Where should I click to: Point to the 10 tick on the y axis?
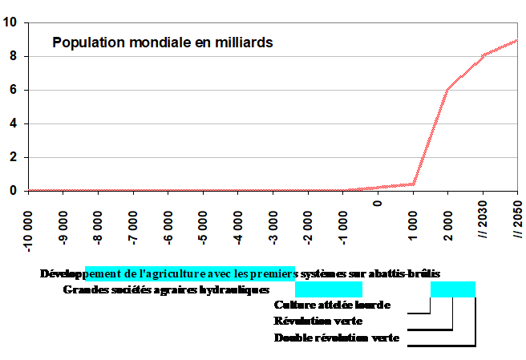(x=10, y=22)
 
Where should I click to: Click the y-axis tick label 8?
(x=13, y=56)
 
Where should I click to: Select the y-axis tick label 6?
(x=13, y=90)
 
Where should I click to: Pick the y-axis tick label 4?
(x=13, y=123)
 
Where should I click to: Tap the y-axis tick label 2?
(x=13, y=157)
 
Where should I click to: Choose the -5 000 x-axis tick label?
(x=204, y=224)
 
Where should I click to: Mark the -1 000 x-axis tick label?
(x=342, y=224)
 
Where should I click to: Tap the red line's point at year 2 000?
(x=447, y=90)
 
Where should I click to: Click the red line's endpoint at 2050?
(x=517, y=40)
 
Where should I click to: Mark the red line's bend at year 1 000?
(x=413, y=184)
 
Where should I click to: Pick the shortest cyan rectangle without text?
(x=453, y=289)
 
